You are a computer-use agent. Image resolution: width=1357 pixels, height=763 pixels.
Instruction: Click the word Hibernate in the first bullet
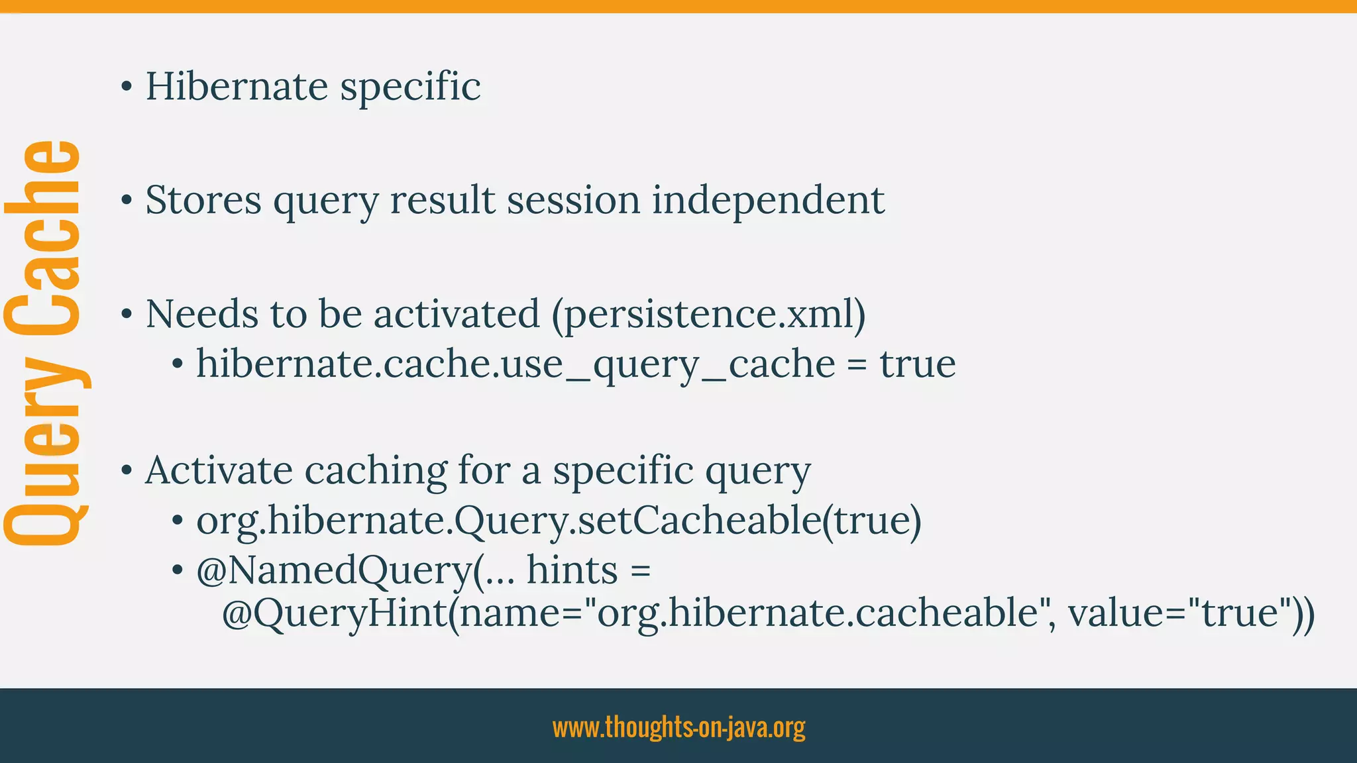coord(237,87)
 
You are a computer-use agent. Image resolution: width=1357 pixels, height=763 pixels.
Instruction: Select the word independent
coord(768,200)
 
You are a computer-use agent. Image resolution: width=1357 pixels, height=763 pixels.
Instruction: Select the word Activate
coord(219,471)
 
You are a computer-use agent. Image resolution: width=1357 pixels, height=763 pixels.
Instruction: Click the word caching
coord(376,471)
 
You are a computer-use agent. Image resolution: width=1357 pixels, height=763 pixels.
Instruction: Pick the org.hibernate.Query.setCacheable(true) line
coord(558,521)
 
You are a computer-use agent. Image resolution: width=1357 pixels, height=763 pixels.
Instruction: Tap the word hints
coord(572,570)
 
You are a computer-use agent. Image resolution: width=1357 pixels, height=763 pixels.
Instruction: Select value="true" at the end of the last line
coord(1183,613)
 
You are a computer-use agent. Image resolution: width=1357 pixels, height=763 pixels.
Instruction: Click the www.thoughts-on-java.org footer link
coord(678,727)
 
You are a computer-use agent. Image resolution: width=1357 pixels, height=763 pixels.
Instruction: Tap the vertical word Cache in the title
coord(43,238)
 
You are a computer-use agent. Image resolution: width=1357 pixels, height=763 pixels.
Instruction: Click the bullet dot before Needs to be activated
coord(127,315)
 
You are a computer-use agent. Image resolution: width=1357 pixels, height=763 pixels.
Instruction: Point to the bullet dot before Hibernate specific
coord(127,88)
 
